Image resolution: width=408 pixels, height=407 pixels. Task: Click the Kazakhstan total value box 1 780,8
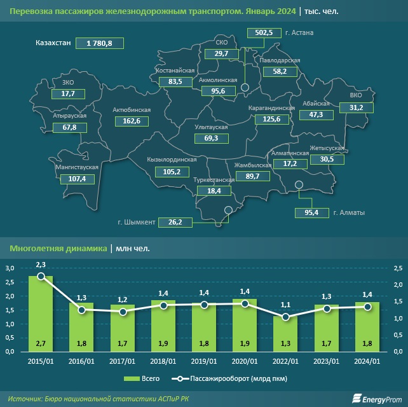pyautogui.click(x=99, y=43)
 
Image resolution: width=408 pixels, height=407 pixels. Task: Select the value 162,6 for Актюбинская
pyautogui.click(x=130, y=120)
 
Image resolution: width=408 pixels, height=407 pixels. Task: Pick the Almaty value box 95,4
pyautogui.click(x=311, y=212)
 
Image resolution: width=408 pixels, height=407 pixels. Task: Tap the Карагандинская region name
pyautogui.click(x=271, y=108)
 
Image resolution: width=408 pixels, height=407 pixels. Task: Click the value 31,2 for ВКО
pyautogui.click(x=357, y=107)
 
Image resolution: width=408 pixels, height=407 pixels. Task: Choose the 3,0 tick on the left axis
pyautogui.click(x=10, y=269)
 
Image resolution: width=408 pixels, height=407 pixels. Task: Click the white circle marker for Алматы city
pyautogui.click(x=299, y=185)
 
